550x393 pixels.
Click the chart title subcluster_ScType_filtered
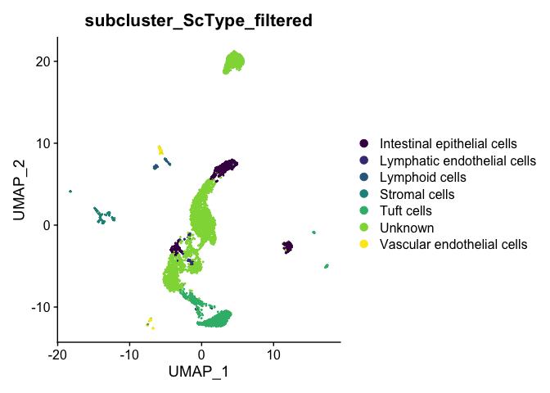pyautogui.click(x=199, y=20)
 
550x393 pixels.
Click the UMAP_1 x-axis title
pyautogui.click(x=199, y=372)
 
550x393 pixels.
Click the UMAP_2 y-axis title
pyautogui.click(x=19, y=190)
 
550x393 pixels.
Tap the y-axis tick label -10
pyautogui.click(x=41, y=307)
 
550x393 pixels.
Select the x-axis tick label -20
pyautogui.click(x=57, y=355)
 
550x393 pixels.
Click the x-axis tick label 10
pyautogui.click(x=273, y=355)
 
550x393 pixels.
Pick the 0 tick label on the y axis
pyautogui.click(x=47, y=225)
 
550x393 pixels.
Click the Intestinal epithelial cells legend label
pyautogui.click(x=449, y=143)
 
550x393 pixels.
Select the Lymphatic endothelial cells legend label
pyautogui.click(x=458, y=160)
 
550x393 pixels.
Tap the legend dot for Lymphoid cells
pyautogui.click(x=364, y=177)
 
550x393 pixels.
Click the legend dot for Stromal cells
pyautogui.click(x=364, y=194)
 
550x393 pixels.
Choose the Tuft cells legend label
pyautogui.click(x=405, y=211)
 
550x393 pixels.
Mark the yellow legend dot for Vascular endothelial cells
pyautogui.click(x=364, y=244)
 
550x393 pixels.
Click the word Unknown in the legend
pyautogui.click(x=407, y=228)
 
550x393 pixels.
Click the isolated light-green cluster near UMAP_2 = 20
pyautogui.click(x=233, y=62)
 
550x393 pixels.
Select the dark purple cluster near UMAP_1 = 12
pyautogui.click(x=287, y=247)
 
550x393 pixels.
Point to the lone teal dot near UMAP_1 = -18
pyautogui.click(x=70, y=192)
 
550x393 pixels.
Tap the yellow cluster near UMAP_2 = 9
pyautogui.click(x=160, y=150)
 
